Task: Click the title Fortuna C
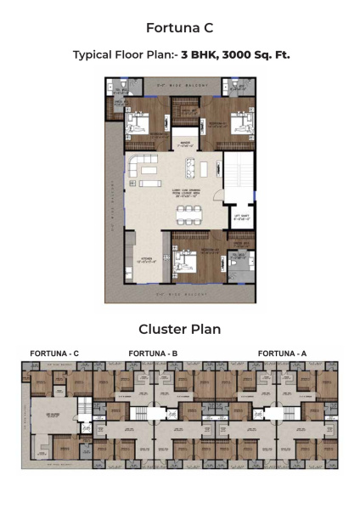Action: pyautogui.click(x=179, y=27)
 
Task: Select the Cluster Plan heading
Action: pyautogui.click(x=179, y=329)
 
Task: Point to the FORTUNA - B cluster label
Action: pyautogui.click(x=153, y=353)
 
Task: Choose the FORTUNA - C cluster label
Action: pyautogui.click(x=54, y=353)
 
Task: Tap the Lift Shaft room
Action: pyautogui.click(x=240, y=219)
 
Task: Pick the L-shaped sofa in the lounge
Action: pyautogui.click(x=145, y=167)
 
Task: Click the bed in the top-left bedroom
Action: pyautogui.click(x=141, y=122)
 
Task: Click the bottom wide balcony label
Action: pyautogui.click(x=178, y=294)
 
